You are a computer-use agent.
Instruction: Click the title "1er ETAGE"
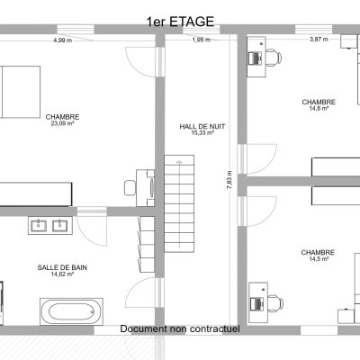pyautogui.click(x=180, y=22)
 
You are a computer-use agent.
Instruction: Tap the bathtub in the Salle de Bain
pyautogui.click(x=71, y=311)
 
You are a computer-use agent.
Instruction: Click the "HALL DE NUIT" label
pyautogui.click(x=202, y=127)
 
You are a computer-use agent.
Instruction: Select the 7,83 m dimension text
pyautogui.click(x=229, y=180)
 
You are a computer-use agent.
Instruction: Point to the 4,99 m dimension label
pyautogui.click(x=63, y=40)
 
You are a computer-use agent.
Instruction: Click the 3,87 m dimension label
pyautogui.click(x=319, y=39)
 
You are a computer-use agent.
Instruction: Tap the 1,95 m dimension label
pyautogui.click(x=202, y=40)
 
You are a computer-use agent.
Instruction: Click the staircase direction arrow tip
pyautogui.click(x=179, y=161)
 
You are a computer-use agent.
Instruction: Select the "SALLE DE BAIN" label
pyautogui.click(x=62, y=267)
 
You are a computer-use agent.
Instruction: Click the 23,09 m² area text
pyautogui.click(x=62, y=123)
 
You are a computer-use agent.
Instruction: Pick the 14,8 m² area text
pyautogui.click(x=319, y=108)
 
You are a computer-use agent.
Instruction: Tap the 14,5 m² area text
pyautogui.click(x=318, y=259)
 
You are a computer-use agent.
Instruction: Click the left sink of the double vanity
pyautogui.click(x=39, y=225)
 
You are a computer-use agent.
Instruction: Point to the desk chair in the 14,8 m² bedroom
pyautogui.click(x=273, y=58)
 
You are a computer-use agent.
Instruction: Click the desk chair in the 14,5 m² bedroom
pyautogui.click(x=275, y=303)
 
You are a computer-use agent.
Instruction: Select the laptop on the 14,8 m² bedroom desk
pyautogui.click(x=256, y=58)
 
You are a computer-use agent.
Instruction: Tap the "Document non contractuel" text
pyautogui.click(x=180, y=328)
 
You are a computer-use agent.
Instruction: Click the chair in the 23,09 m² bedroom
pyautogui.click(x=130, y=188)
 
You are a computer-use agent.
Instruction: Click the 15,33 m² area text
pyautogui.click(x=202, y=133)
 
